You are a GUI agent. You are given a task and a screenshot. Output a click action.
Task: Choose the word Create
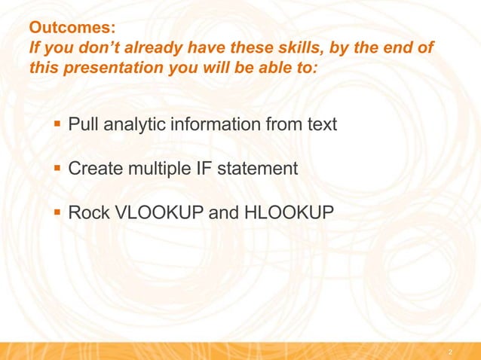click(x=94, y=169)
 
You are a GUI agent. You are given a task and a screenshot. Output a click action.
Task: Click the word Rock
click(x=88, y=214)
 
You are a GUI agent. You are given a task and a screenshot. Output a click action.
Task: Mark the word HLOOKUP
click(x=288, y=214)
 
